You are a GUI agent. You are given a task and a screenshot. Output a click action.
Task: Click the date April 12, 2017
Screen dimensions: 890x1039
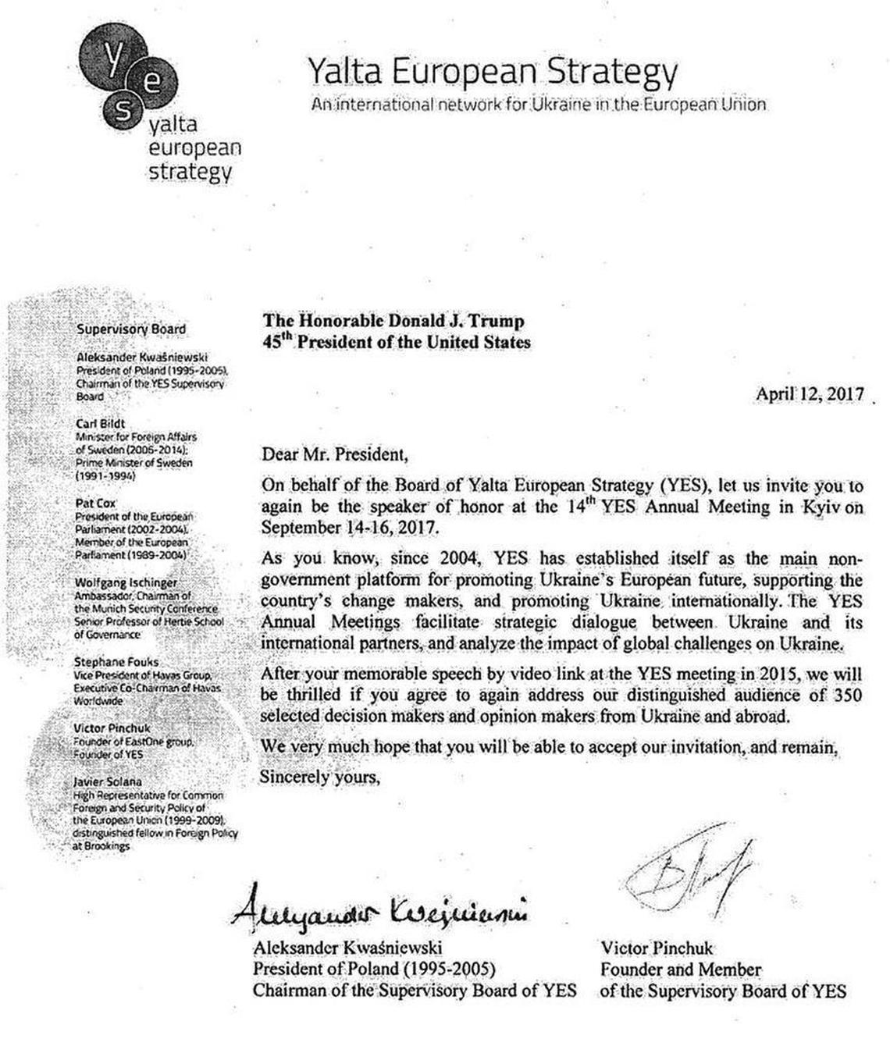tap(810, 393)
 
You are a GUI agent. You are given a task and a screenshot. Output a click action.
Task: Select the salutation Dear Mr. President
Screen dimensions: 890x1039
tap(334, 454)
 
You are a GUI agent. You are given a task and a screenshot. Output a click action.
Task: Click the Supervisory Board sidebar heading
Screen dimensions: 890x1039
tap(131, 329)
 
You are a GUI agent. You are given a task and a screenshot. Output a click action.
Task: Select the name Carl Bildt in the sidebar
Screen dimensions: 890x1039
tap(100, 424)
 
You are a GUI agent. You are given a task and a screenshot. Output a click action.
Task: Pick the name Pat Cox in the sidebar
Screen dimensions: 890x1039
tap(95, 503)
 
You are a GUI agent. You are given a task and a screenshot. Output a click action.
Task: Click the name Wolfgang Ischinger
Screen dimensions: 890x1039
tap(126, 583)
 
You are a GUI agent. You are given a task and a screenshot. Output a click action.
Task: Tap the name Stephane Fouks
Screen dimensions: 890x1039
tap(116, 662)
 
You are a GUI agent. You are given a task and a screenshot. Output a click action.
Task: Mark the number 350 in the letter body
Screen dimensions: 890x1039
tap(847, 695)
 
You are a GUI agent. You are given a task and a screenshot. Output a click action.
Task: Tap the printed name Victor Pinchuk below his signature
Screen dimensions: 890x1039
tap(657, 948)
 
